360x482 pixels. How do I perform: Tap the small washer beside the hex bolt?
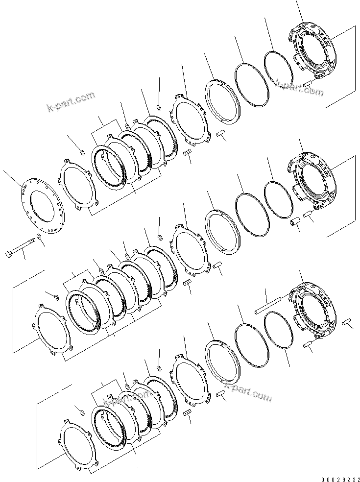pyautogui.click(x=39, y=241)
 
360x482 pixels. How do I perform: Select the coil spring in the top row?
pyautogui.click(x=187, y=154)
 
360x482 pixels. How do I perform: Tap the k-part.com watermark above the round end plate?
pyautogui.click(x=71, y=101)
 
